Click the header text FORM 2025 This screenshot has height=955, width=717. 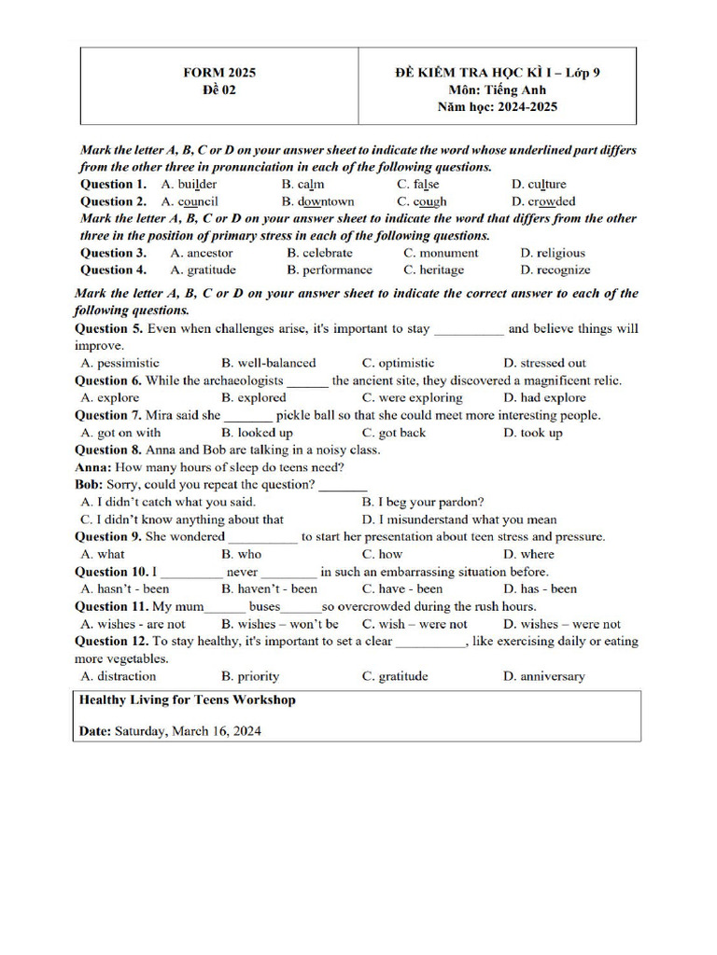(x=218, y=73)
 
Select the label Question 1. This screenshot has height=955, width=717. (x=113, y=184)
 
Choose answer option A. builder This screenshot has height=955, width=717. (x=189, y=184)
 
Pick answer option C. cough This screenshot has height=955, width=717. (x=422, y=201)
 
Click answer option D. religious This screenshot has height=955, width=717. (x=553, y=253)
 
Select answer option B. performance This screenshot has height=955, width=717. (x=330, y=270)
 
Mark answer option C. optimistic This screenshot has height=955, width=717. (x=399, y=363)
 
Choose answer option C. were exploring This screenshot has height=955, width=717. (x=413, y=397)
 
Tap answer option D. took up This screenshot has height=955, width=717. (x=533, y=433)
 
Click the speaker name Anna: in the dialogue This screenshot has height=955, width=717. (x=93, y=467)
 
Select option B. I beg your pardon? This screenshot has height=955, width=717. (x=423, y=502)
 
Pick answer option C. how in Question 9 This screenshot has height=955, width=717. (x=383, y=554)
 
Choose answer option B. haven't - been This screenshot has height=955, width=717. (x=269, y=589)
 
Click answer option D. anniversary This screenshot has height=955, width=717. (x=544, y=677)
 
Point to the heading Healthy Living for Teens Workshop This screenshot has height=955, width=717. (x=188, y=700)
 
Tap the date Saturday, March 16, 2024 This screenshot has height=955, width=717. (x=188, y=731)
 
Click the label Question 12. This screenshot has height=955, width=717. (x=112, y=642)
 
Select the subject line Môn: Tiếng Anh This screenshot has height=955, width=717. (x=498, y=90)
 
